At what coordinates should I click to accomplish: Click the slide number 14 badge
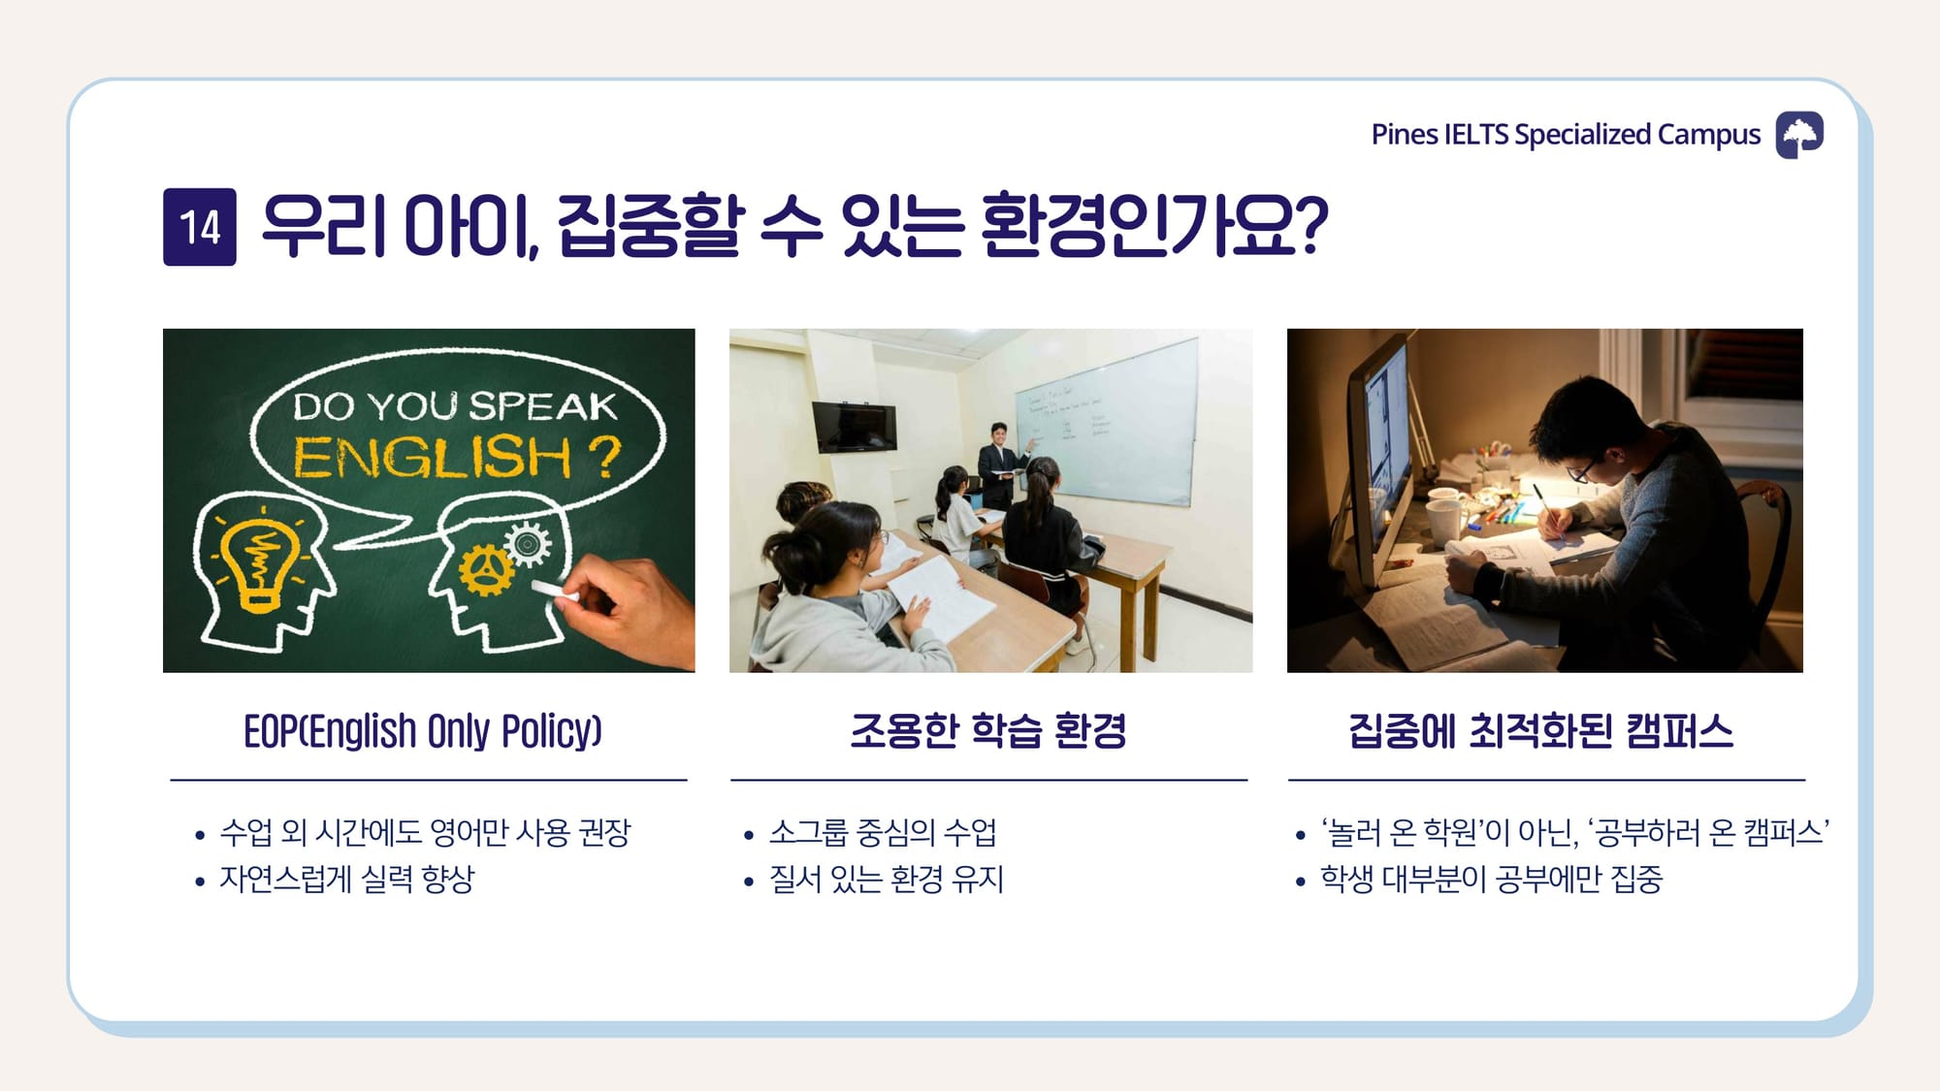(200, 227)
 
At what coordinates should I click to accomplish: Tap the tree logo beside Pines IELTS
(1799, 134)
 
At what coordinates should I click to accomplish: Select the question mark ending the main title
(1310, 225)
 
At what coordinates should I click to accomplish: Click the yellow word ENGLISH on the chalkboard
(433, 457)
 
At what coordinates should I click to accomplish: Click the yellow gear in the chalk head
(486, 570)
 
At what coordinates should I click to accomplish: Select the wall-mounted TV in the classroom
(855, 427)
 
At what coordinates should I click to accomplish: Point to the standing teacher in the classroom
(1000, 465)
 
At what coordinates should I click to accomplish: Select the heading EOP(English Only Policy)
(423, 731)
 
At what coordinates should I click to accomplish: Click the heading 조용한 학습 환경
(988, 731)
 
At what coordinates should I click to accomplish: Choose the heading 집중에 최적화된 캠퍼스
(1540, 731)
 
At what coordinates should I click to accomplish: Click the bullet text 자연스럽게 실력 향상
(347, 880)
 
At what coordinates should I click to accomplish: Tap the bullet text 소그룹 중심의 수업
(883, 832)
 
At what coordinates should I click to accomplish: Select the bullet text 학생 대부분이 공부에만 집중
(1491, 880)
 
